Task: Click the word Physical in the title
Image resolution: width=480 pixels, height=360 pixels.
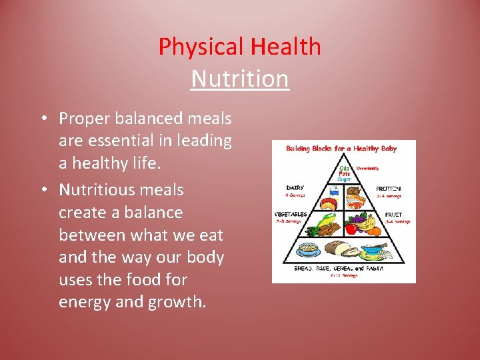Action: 201,47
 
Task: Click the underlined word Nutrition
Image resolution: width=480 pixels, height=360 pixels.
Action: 239,79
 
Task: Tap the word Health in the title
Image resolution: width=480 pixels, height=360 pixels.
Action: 285,47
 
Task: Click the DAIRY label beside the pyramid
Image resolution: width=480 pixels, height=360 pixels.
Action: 296,188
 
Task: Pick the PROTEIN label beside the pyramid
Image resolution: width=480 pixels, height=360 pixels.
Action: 389,189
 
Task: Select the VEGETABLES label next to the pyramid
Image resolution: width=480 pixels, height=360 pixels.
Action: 291,214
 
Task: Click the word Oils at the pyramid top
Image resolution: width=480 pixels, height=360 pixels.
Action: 344,168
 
